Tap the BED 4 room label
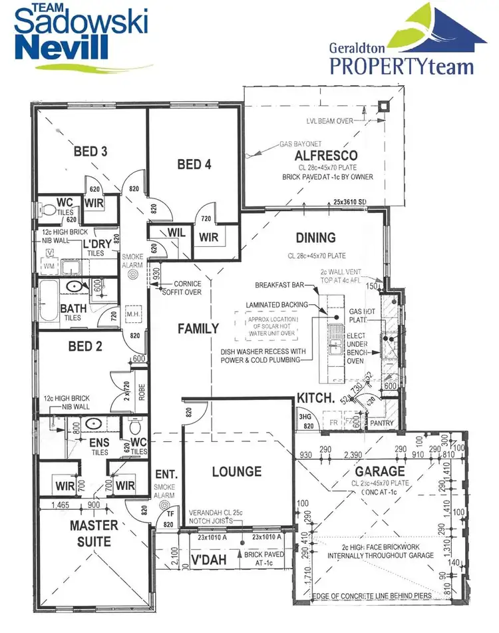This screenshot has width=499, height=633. pos(194,164)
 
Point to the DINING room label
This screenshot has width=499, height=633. pos(316,238)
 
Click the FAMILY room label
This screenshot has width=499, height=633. pos(198,328)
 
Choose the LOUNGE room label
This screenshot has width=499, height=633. pos(237,472)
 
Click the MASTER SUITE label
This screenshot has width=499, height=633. pos(94,533)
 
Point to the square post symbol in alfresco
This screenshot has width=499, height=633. pos(383,106)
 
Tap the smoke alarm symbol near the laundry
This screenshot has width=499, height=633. pos(132,274)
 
